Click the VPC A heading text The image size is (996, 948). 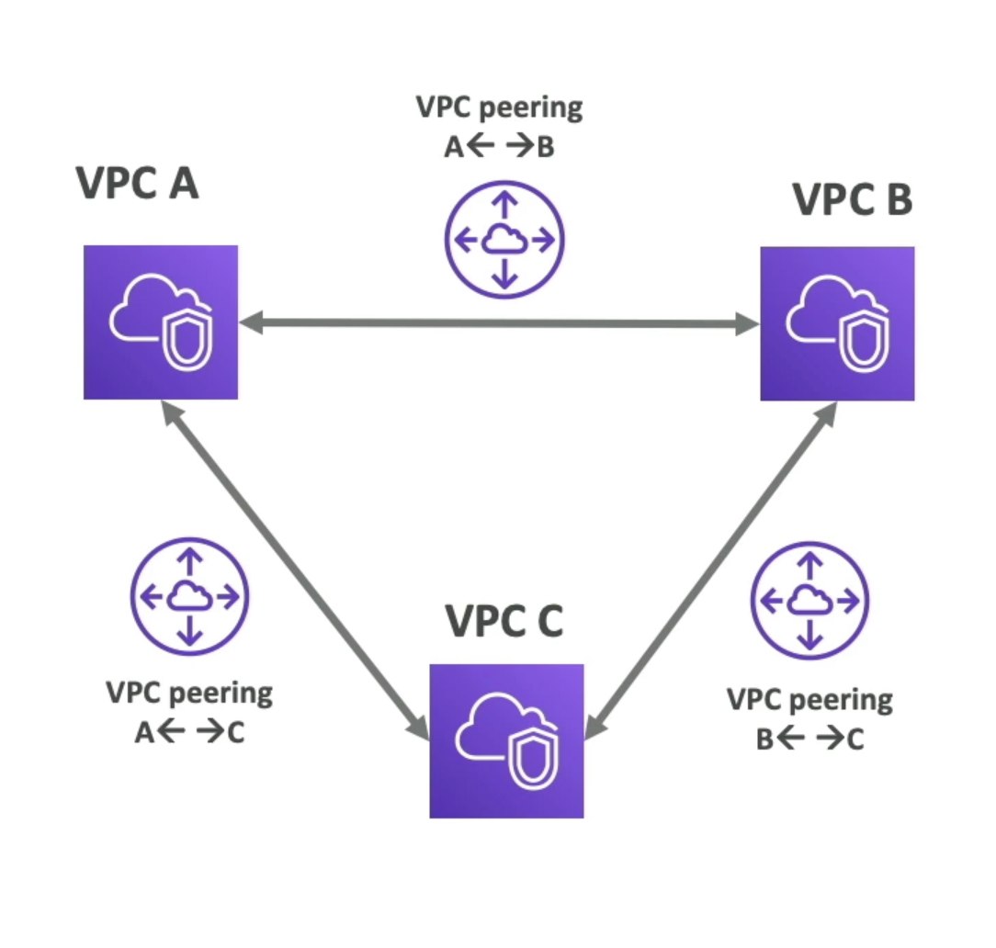[x=137, y=183]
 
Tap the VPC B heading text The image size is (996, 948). [x=852, y=199]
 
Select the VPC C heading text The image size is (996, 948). [x=504, y=620]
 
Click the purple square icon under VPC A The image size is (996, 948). [x=161, y=322]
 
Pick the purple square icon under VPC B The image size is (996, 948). [x=837, y=323]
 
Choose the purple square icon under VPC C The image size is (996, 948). [x=506, y=740]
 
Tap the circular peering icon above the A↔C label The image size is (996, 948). [x=189, y=598]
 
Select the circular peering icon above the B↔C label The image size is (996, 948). [x=809, y=601]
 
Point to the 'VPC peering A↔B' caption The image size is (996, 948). [x=499, y=126]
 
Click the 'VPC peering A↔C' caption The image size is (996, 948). [x=189, y=711]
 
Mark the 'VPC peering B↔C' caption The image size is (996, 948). [x=809, y=718]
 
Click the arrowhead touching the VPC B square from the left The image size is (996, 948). [x=746, y=323]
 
